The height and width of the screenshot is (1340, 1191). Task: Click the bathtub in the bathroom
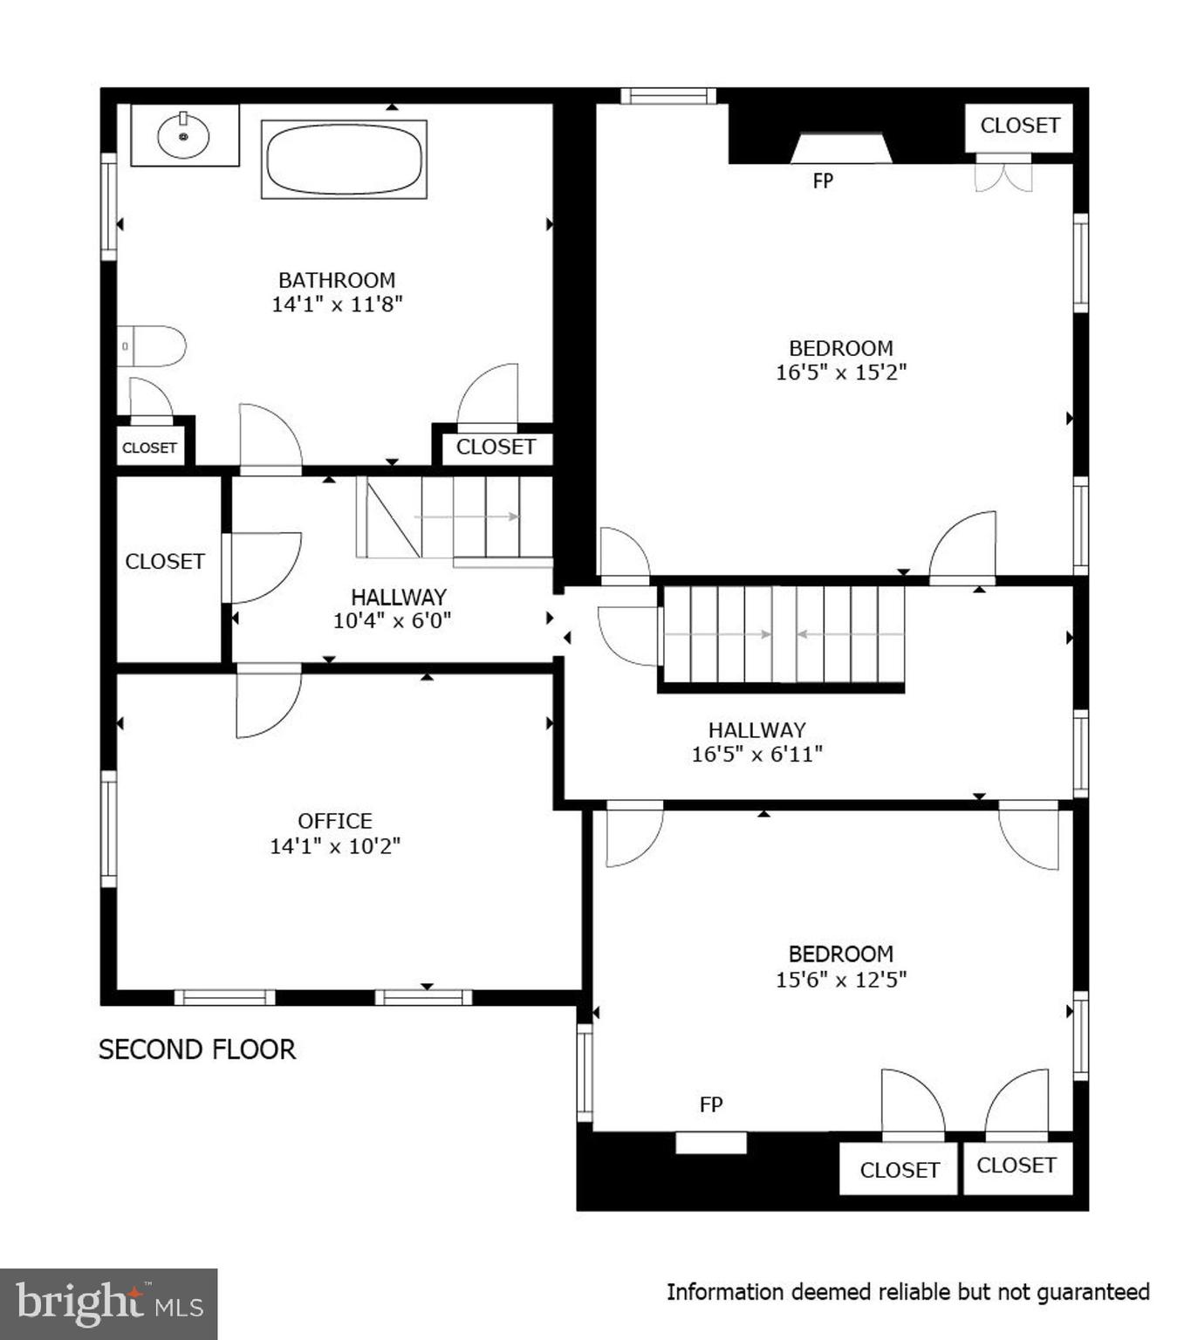click(x=344, y=160)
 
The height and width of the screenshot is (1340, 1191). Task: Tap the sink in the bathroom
click(x=183, y=136)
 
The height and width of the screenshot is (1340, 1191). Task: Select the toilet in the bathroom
click(x=154, y=346)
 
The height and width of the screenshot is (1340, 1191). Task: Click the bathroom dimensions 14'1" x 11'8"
click(x=337, y=304)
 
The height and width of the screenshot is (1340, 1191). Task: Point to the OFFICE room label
click(x=335, y=821)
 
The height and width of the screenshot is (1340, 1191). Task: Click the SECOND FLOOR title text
click(x=197, y=1049)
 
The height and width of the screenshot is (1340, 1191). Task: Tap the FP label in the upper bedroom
click(x=823, y=181)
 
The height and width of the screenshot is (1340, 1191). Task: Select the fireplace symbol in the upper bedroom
click(x=841, y=148)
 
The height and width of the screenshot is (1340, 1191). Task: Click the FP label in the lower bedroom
click(x=711, y=1104)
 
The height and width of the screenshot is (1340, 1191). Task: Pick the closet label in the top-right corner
click(x=1019, y=126)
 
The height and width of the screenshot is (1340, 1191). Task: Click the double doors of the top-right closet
click(x=1003, y=174)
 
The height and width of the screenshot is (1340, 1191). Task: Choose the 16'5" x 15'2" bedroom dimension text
click(x=841, y=373)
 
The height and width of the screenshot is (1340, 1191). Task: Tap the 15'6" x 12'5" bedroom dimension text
click(x=841, y=980)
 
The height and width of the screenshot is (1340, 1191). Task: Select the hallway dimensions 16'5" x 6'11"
click(x=757, y=755)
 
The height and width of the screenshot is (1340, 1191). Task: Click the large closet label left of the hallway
click(x=165, y=562)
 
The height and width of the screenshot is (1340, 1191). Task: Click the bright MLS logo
click(x=109, y=1304)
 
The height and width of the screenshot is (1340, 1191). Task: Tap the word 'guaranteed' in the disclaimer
click(x=1093, y=1292)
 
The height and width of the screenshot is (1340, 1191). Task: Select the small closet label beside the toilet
click(x=149, y=448)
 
